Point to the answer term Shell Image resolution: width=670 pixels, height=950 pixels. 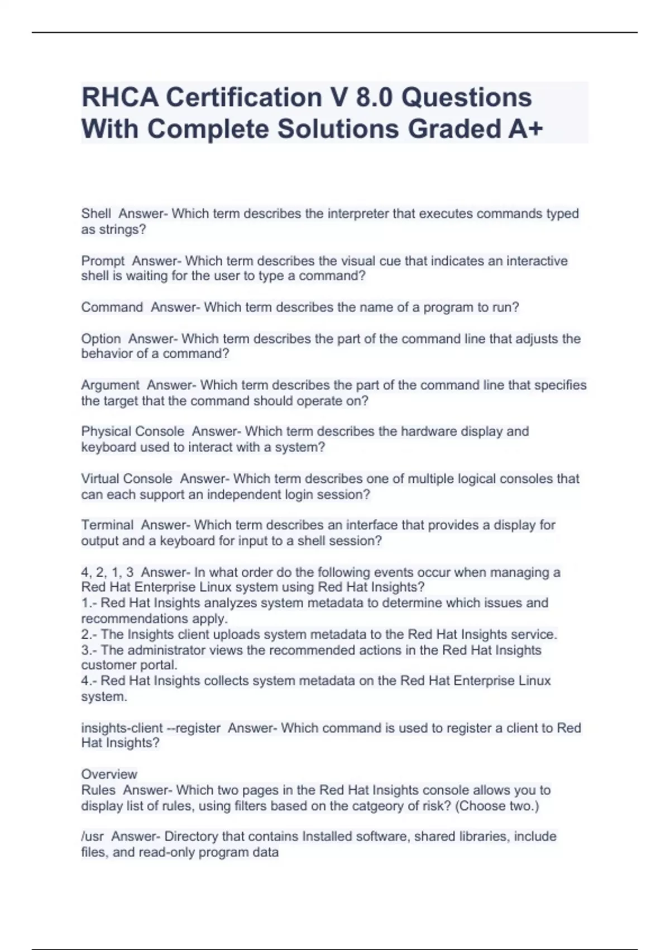[96, 213]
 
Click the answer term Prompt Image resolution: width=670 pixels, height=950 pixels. [103, 261]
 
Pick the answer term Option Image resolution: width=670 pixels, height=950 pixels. [100, 339]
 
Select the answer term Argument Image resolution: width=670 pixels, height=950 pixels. [110, 385]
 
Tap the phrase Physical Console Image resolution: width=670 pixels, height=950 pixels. [132, 431]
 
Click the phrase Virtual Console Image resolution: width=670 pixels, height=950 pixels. [127, 479]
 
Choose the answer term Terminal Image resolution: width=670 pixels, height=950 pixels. [107, 525]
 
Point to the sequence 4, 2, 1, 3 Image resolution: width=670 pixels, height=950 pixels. [107, 572]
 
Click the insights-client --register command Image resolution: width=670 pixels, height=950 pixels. [151, 728]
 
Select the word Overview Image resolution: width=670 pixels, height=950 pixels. [109, 775]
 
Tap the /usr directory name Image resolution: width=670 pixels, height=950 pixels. [92, 837]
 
